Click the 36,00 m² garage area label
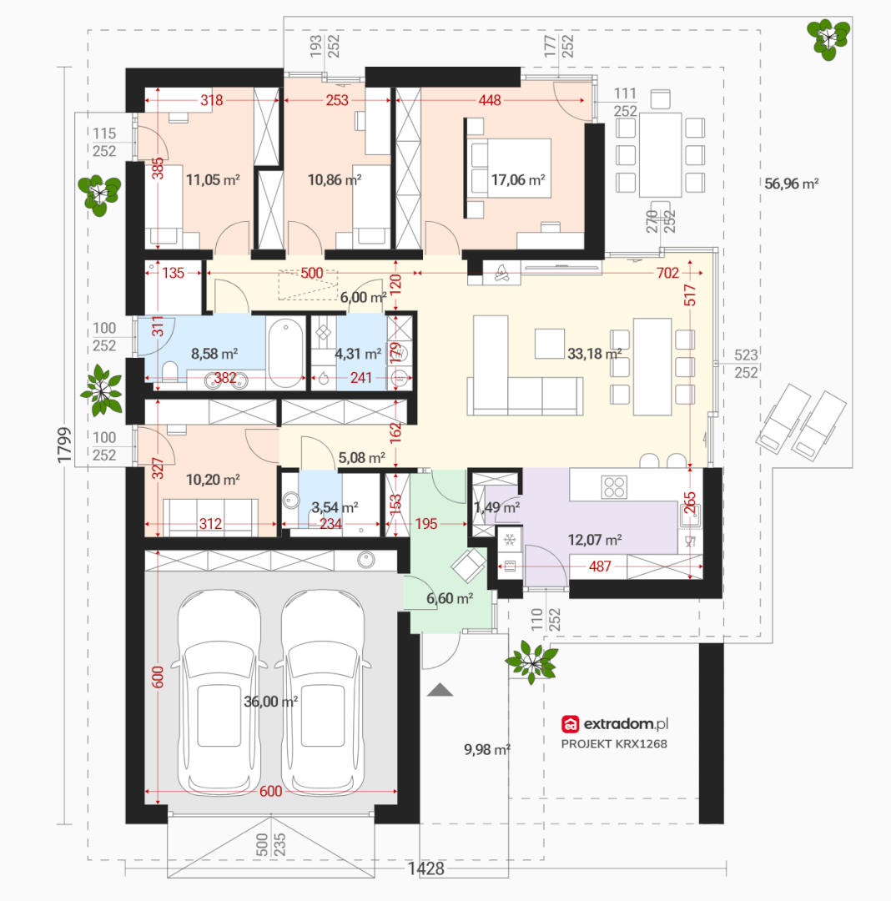coord(270,702)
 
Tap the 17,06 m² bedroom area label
coord(517,180)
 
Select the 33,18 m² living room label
coord(594,354)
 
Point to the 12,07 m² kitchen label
coord(595,540)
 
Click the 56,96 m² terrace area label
coord(791,184)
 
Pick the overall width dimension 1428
coord(425,868)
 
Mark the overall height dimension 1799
coord(64,445)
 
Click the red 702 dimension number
coord(667,273)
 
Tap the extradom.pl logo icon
coord(570,724)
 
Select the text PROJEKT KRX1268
coord(614,744)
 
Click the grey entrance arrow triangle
coord(440,690)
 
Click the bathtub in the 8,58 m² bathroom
coord(286,353)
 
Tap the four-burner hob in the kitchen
coord(613,487)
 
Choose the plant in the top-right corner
coord(828,39)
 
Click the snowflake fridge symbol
coord(509,540)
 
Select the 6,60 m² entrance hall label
coord(449,599)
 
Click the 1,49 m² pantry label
coord(497,508)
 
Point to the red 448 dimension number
coord(490,101)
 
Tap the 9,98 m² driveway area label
coord(487,750)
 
